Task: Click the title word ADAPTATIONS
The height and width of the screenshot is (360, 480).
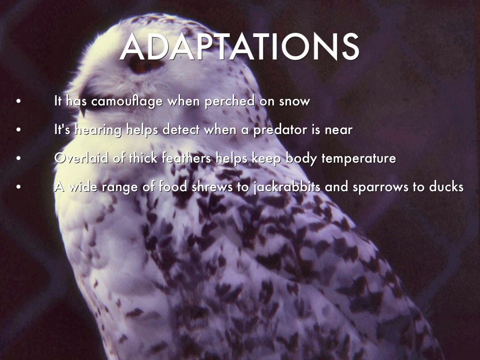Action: (x=239, y=46)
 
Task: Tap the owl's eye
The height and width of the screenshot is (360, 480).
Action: (x=144, y=65)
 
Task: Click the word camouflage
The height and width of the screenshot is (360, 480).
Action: (x=127, y=101)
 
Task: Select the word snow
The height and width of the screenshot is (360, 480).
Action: (x=294, y=102)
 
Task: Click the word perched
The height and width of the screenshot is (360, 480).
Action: (x=230, y=101)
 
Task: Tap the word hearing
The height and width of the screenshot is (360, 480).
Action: (x=98, y=130)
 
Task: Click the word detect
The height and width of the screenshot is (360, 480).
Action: (x=181, y=130)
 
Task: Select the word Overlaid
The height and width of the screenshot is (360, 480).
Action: (x=81, y=158)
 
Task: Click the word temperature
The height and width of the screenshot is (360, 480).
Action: (x=359, y=159)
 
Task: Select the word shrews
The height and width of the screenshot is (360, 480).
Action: (x=212, y=187)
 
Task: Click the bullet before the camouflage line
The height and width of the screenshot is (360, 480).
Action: (x=19, y=101)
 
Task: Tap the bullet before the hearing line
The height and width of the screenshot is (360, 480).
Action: (x=19, y=130)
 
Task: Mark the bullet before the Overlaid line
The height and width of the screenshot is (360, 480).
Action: (x=19, y=158)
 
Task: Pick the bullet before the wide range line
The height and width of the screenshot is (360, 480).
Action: (x=19, y=187)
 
